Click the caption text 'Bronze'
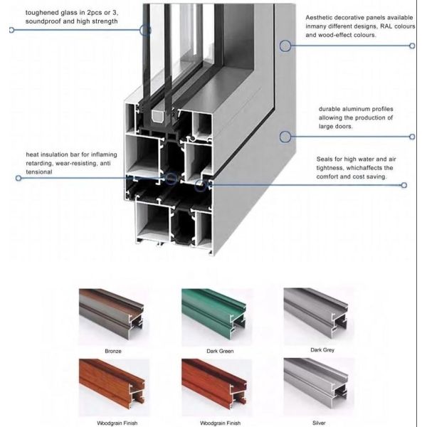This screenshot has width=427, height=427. click(x=112, y=351)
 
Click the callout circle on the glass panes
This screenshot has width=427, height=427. click(x=145, y=30)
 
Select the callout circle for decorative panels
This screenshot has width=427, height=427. click(x=285, y=46)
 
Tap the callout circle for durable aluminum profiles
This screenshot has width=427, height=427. click(x=285, y=136)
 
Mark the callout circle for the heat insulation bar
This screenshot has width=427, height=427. click(x=170, y=177)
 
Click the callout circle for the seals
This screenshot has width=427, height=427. click(x=201, y=184)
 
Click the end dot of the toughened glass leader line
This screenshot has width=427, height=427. click(x=11, y=30)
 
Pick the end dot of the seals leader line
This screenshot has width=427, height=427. click(x=404, y=185)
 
